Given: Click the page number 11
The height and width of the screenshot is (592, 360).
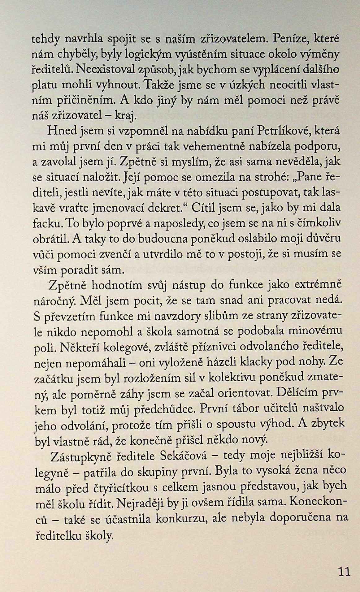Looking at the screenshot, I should click(x=344, y=571).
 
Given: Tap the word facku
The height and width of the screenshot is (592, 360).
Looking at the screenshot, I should click(x=45, y=223).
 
